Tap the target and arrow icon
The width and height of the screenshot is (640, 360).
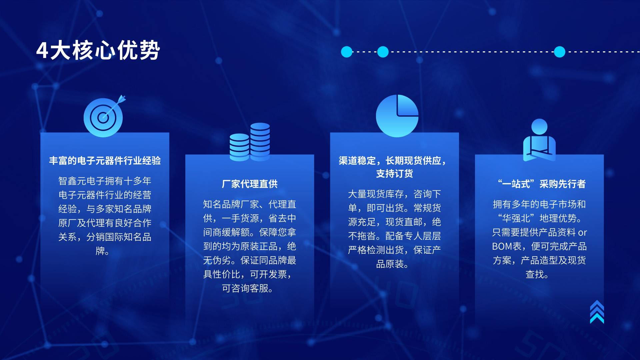click(x=104, y=116)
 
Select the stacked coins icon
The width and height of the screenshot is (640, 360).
click(x=250, y=142)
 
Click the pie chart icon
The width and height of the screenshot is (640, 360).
click(x=397, y=116)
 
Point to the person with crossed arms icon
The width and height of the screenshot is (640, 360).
click(x=539, y=140)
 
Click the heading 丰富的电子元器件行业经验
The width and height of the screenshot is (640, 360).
click(x=105, y=161)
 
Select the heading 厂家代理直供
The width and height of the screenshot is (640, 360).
click(x=250, y=184)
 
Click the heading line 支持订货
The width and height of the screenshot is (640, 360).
click(x=394, y=174)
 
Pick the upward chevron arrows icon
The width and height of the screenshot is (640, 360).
click(x=597, y=312)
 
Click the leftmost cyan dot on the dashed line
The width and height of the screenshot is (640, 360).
click(x=347, y=52)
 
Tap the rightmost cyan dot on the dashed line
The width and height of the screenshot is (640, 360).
click(x=560, y=52)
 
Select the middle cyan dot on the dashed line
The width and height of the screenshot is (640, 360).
click(x=383, y=52)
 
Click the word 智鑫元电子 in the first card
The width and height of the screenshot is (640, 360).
click(x=81, y=181)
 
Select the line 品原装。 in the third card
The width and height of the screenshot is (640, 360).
click(x=392, y=264)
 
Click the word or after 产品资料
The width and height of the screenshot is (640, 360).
click(x=582, y=233)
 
